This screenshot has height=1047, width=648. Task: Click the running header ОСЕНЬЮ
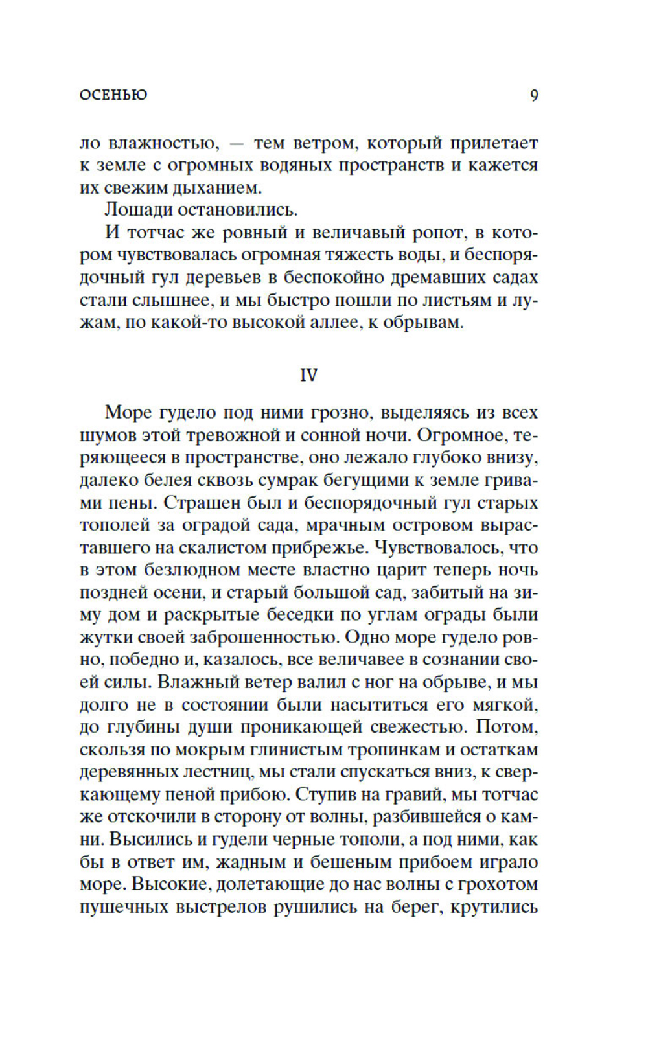coord(113,95)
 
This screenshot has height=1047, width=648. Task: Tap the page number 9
coord(534,96)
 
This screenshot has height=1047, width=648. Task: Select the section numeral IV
coord(309,376)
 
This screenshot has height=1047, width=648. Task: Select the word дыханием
coord(217,188)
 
